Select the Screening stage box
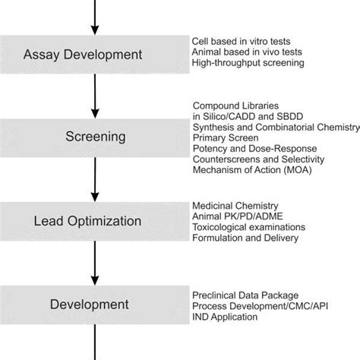[93, 137]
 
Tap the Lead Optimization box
[93, 222]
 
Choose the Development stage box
[93, 305]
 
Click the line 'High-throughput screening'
[248, 63]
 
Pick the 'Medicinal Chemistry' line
[235, 206]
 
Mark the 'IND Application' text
[226, 316]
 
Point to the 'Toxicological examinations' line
[249, 227]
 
